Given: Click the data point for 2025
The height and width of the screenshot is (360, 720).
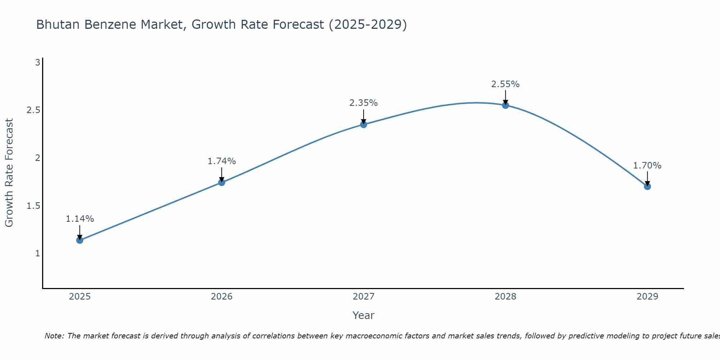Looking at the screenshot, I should pos(80,240).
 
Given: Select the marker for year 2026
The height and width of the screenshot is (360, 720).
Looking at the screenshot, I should pos(222,183).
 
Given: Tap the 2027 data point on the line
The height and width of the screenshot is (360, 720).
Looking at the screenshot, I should pos(364,125).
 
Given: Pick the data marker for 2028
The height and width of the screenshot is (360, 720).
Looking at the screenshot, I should pos(505,105).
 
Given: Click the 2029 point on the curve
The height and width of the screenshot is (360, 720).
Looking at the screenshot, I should pos(647,186).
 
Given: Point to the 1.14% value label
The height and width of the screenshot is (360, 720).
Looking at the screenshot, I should pos(80,219).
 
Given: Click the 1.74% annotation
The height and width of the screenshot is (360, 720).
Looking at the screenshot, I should pos(222,161).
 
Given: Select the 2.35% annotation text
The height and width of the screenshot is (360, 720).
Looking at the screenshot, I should pos(364,103).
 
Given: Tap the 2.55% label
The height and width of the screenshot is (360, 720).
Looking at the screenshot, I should pos(505,84).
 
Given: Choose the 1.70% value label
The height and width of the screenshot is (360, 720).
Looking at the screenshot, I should pos(647,166).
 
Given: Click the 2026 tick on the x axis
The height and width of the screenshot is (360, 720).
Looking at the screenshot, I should pos(222,297).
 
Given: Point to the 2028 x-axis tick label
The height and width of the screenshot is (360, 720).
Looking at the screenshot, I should pos(505,297).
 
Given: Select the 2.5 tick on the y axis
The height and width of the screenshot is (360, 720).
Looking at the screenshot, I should pos(33,110).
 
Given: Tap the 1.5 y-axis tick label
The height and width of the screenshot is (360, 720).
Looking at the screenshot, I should pos(33,206).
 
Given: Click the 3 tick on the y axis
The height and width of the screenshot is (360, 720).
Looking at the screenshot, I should pos(37,63).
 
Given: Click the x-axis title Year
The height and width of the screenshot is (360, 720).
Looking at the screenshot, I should pos(364,315).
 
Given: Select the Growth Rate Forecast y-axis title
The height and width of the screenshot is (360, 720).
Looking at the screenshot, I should pos(9,173).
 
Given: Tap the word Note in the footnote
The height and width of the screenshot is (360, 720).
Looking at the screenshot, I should pos(54,336).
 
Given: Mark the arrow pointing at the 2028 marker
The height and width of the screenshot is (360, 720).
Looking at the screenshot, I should pos(505,98).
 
